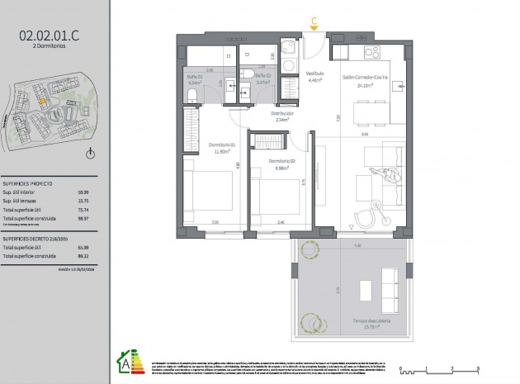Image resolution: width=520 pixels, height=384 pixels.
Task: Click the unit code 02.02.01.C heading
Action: coord(50,35)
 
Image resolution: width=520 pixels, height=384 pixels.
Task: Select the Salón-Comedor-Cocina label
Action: coord(365,76)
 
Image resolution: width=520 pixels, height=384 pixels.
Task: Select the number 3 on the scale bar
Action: coord(478,366)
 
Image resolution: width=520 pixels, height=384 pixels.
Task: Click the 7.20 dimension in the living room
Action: coord(338,116)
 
